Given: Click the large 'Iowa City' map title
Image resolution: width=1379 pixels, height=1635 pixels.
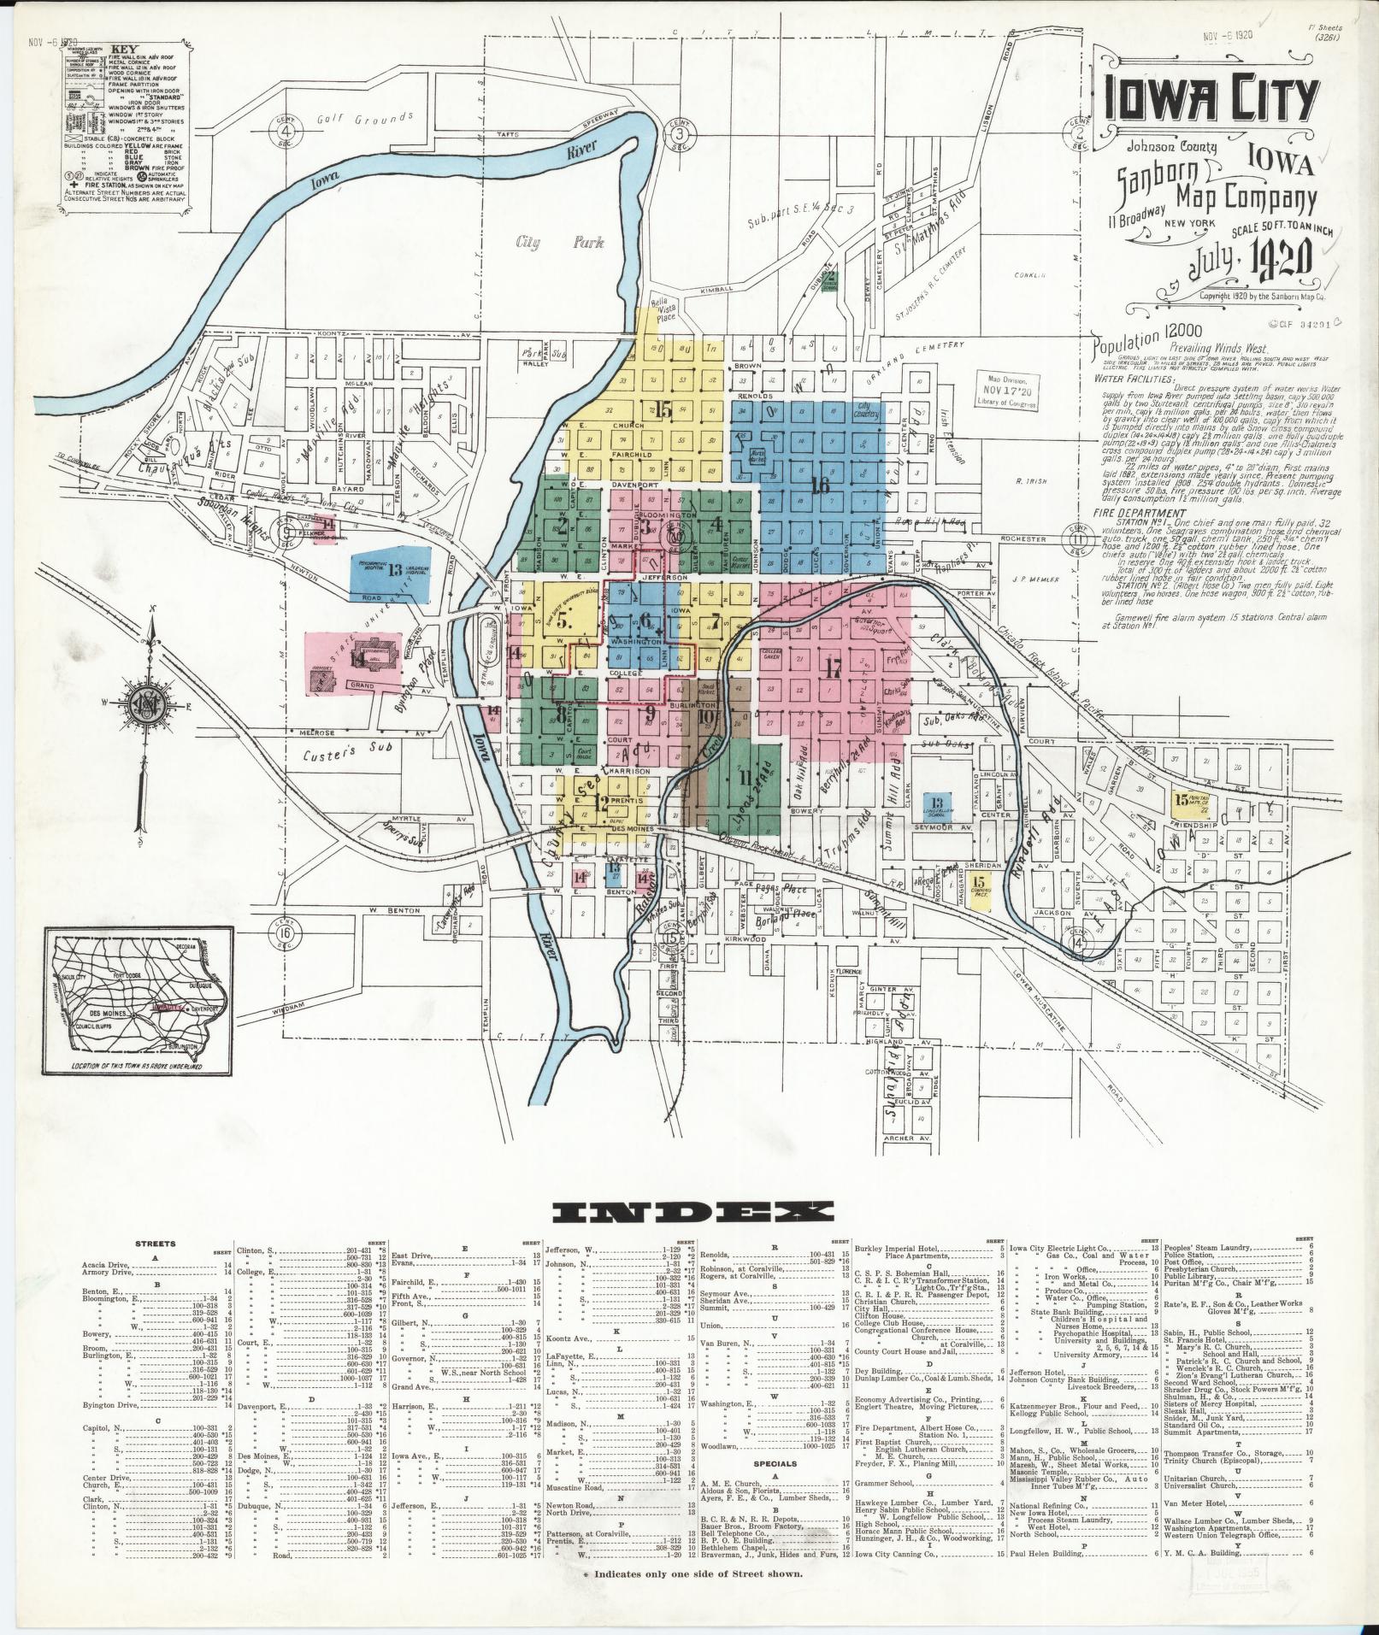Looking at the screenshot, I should pos(1209,102).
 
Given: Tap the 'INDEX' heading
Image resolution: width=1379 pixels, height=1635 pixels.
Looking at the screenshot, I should pos(692,1210).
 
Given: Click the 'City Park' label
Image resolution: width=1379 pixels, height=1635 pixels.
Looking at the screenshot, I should pos(558,243).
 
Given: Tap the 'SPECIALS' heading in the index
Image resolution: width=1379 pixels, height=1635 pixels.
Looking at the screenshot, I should pos(774,1391).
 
